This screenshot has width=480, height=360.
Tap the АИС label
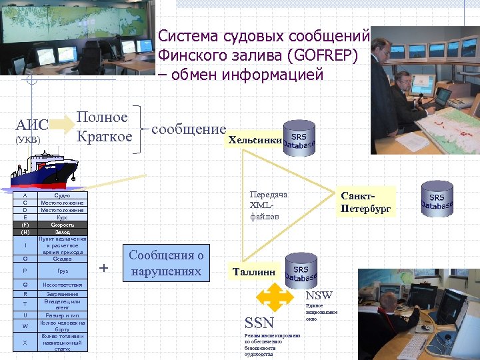click(32, 125)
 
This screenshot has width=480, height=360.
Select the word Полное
click(102, 117)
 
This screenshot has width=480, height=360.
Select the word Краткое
click(104, 137)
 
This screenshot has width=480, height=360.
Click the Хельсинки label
click(255, 140)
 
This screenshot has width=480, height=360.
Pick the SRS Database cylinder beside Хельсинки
click(299, 137)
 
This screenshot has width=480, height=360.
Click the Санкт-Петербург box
click(366, 202)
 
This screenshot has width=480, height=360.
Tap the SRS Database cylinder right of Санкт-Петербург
click(437, 198)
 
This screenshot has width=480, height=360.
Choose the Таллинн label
click(254, 272)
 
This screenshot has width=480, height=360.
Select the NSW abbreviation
click(319, 295)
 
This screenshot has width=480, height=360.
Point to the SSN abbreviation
click(259, 323)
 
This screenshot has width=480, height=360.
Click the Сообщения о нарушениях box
click(165, 263)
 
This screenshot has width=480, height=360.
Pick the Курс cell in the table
click(62, 217)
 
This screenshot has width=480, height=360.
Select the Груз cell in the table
click(62, 271)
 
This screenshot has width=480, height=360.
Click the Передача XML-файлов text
click(268, 205)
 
